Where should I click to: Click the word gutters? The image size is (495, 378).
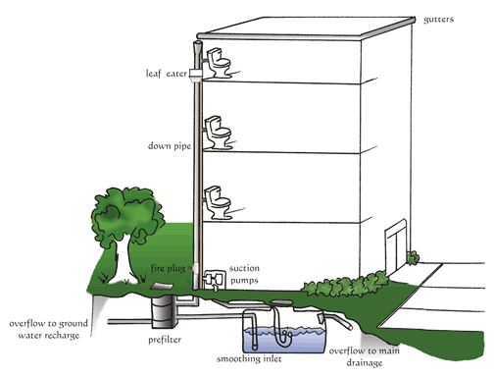click(438, 20)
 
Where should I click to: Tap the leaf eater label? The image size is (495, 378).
click(167, 74)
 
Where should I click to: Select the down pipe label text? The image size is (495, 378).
click(170, 146)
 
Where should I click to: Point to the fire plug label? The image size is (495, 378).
click(168, 269)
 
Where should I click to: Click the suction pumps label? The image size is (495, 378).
click(244, 275)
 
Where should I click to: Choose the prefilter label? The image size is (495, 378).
click(165, 340)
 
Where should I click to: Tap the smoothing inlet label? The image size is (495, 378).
click(249, 359)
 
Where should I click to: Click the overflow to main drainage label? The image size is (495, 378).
click(364, 356)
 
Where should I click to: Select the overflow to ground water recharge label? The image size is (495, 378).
click(49, 329)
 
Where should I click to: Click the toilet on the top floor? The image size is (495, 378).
click(219, 63)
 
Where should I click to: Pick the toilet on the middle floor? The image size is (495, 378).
click(218, 133)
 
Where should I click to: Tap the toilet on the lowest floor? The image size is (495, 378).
click(219, 203)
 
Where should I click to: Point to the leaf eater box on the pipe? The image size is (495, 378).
click(196, 76)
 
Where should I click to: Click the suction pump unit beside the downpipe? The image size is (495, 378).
click(215, 280)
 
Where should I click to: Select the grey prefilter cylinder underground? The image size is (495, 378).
click(164, 311)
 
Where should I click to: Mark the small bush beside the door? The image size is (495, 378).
click(413, 257)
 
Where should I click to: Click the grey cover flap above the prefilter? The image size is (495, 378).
click(162, 287)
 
